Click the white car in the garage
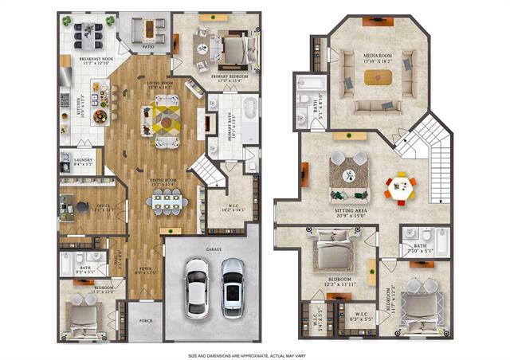coord(196,288)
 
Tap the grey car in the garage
coord(232,287)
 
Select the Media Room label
coord(376,50)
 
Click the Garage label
coord(214,249)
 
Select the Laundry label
coord(83,159)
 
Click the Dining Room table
coord(167,203)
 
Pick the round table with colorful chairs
coord(400,188)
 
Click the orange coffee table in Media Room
coord(378,77)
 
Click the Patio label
coord(148,47)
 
